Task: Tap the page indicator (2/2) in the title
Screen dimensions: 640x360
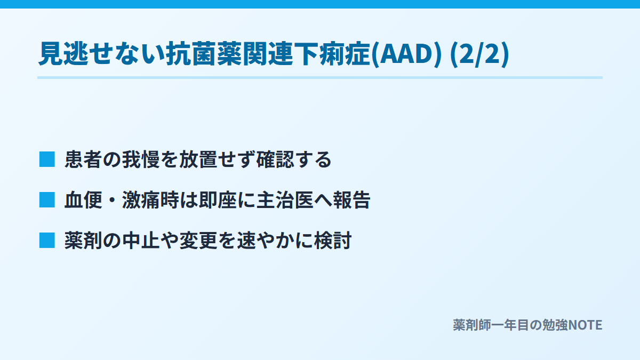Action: click(479, 54)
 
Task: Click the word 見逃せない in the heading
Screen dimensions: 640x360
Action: click(102, 54)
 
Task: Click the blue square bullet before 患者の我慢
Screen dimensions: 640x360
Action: click(47, 159)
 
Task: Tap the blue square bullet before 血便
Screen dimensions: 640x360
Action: click(47, 199)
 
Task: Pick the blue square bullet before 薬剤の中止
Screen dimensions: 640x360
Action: click(47, 241)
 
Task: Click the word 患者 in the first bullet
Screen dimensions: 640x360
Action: click(83, 159)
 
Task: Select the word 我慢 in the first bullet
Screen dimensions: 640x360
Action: click(141, 159)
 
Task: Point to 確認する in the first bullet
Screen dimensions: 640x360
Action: click(294, 159)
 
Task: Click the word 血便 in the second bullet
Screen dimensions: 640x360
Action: click(83, 199)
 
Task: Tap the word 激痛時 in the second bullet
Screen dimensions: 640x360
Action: click(150, 199)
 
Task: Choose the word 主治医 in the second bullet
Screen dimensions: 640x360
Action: click(285, 199)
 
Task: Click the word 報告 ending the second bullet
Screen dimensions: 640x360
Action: click(351, 199)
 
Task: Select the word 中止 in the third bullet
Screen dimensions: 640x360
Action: click(141, 241)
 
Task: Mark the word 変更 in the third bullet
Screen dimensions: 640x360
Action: click(198, 241)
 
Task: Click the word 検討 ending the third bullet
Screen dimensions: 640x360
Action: click(333, 241)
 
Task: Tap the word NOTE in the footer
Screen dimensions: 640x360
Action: click(585, 325)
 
